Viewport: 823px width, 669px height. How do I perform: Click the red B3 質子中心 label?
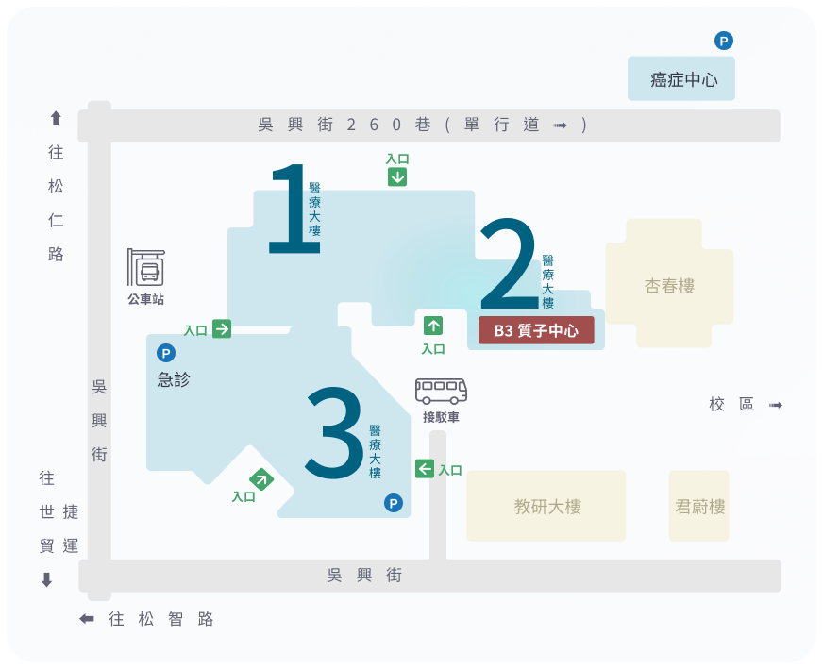coord(536,330)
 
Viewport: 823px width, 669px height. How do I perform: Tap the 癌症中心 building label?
coord(683,80)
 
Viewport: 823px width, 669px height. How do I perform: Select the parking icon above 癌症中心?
coord(723,41)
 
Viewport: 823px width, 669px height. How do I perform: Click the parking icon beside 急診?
coord(166,353)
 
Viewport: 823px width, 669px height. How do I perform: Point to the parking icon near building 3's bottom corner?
coord(394,503)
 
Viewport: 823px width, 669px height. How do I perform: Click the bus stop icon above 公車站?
coord(146,267)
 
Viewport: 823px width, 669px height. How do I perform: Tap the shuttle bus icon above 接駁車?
coord(441,391)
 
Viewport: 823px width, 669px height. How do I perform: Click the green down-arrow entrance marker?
coord(397,177)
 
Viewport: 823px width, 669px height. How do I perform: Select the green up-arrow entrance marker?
coord(433,326)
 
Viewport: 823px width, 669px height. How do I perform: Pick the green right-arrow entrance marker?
coord(222,329)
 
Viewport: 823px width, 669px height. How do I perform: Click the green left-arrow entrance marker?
coord(424,469)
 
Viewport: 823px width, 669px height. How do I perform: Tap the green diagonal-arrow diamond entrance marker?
coord(261,479)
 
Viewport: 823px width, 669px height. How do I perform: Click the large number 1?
coord(294,209)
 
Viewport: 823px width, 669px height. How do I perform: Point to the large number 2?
coord(509,263)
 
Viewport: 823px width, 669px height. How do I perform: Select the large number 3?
coord(334,433)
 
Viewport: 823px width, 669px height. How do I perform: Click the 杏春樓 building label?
coord(669,286)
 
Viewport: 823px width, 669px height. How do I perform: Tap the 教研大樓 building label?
coord(547,507)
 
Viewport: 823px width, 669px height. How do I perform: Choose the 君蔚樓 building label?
coord(699,507)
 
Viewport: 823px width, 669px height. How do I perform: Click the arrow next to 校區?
coord(776,405)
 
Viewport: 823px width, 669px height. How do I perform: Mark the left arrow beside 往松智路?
coord(87,619)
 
